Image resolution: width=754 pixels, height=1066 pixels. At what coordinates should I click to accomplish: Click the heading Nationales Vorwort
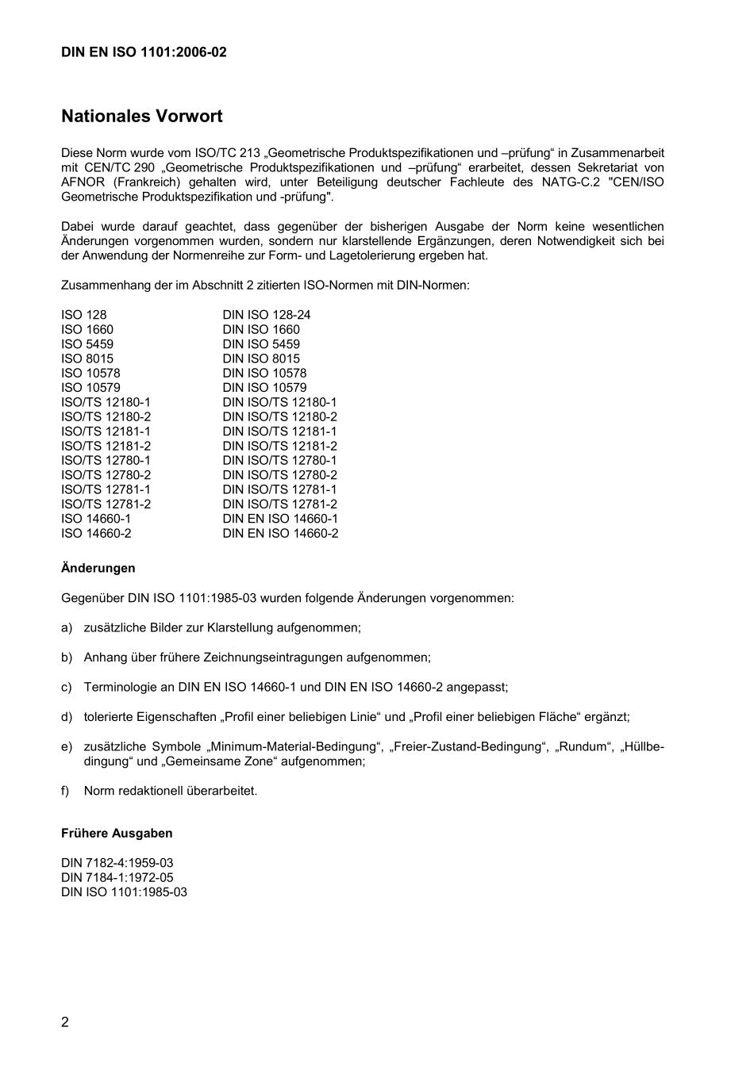click(x=141, y=117)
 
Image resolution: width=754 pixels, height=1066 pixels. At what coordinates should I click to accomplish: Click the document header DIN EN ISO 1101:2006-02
click(x=144, y=52)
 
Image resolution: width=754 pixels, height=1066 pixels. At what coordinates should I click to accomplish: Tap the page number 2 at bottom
click(x=65, y=1022)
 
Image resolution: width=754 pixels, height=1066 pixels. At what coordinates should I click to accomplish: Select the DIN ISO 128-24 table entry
click(x=267, y=315)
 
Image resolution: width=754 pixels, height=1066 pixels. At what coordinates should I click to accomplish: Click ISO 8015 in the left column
click(x=87, y=359)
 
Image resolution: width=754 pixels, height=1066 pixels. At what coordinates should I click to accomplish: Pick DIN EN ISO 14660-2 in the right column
click(x=280, y=533)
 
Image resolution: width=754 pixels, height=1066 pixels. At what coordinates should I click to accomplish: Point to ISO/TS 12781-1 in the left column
click(x=106, y=489)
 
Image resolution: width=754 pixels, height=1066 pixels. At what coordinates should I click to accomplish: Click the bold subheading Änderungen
click(x=98, y=568)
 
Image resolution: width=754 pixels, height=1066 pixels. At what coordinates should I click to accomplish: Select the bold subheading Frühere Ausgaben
click(x=117, y=833)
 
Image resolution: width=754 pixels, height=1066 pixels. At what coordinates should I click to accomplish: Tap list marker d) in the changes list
click(x=67, y=717)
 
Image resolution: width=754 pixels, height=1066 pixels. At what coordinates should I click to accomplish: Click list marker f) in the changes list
click(x=66, y=791)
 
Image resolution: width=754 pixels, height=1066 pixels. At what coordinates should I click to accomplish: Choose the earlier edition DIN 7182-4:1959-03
click(x=117, y=863)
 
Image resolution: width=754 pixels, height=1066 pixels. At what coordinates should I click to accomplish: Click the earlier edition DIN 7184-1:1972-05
click(x=117, y=877)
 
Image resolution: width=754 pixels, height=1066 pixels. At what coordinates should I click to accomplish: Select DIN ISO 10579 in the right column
click(x=264, y=388)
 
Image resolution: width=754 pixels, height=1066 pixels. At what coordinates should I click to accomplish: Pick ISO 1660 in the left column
click(x=87, y=329)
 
